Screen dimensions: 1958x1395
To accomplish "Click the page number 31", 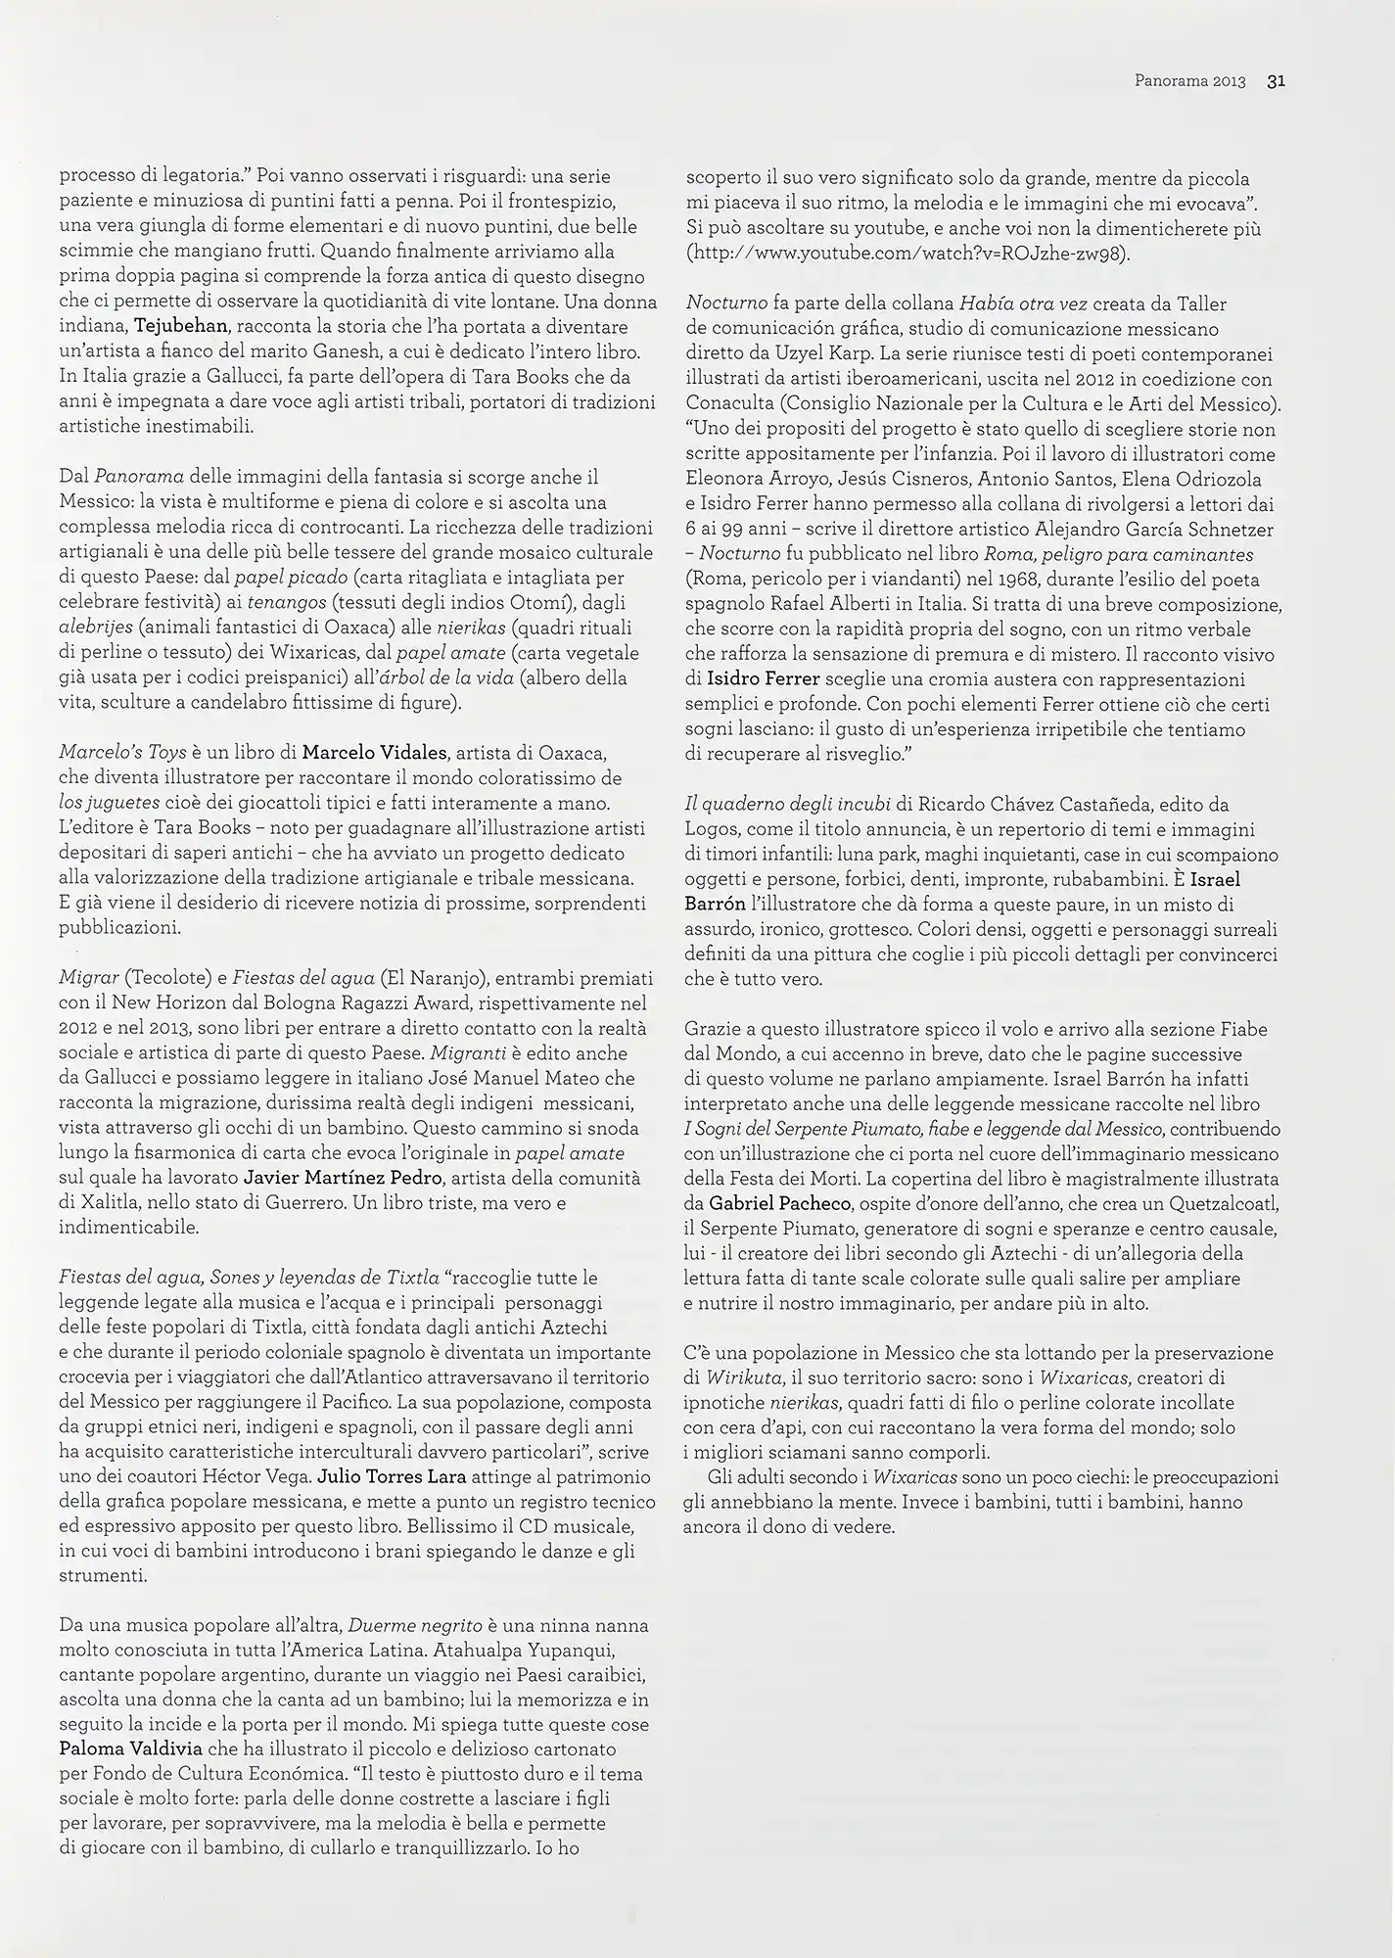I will [1275, 82].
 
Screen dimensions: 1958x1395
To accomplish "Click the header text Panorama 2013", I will [1189, 82].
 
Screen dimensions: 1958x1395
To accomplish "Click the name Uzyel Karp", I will [861, 353].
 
